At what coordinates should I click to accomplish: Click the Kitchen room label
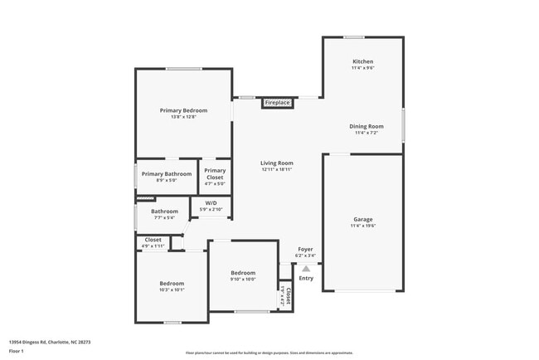[x=362, y=61]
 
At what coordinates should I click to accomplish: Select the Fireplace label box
[x=277, y=103]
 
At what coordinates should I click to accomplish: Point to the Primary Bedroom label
[x=183, y=110]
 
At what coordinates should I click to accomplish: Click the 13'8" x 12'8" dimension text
[x=183, y=117]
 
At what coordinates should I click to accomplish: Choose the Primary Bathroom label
[x=166, y=173]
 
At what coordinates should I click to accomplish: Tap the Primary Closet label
[x=215, y=174]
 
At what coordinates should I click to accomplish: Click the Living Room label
[x=277, y=163]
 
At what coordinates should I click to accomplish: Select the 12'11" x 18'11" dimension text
[x=277, y=170]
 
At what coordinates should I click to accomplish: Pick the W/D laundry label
[x=211, y=202]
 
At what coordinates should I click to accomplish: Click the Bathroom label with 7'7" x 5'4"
[x=164, y=212]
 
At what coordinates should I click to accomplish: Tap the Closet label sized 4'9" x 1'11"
[x=153, y=240]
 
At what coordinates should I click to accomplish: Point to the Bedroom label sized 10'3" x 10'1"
[x=172, y=284]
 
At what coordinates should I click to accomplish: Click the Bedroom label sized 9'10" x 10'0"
[x=243, y=273]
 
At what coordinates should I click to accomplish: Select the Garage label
[x=362, y=219]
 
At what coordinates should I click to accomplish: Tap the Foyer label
[x=306, y=248]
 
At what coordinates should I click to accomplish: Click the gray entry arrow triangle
[x=306, y=268]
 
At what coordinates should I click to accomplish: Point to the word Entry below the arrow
[x=306, y=278]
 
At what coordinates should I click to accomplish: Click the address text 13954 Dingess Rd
[x=49, y=341]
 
